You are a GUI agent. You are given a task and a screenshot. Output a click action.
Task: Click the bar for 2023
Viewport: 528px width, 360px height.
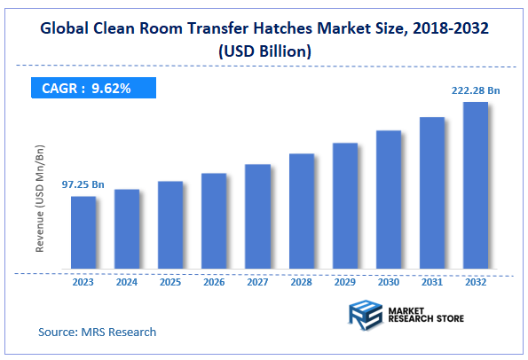tap(83, 232)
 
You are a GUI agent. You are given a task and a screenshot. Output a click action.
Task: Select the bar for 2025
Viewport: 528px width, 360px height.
tap(170, 225)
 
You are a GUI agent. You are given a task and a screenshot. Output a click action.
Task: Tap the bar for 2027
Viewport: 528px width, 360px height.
tap(257, 216)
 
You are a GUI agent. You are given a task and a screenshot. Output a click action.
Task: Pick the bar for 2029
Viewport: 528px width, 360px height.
tap(344, 206)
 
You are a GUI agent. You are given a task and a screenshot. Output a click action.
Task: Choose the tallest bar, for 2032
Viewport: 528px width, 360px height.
tap(476, 185)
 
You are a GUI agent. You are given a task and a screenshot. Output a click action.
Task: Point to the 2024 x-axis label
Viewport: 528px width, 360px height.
tap(127, 283)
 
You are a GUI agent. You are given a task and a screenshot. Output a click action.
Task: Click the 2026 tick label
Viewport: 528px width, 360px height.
tap(214, 283)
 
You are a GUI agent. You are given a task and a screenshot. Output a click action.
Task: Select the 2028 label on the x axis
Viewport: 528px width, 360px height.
tap(301, 283)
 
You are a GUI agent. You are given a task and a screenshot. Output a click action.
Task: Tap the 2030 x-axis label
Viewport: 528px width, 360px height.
tap(388, 283)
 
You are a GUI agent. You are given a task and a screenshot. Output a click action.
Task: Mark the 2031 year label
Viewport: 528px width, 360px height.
tap(431, 283)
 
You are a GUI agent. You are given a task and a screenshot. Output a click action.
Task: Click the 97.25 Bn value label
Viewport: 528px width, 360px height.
tap(83, 184)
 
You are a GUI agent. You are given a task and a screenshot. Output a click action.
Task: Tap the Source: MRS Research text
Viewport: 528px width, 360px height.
tap(97, 332)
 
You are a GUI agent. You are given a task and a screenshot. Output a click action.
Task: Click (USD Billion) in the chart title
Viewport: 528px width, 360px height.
tap(264, 51)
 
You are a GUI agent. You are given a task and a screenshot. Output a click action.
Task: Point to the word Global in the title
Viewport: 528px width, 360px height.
tap(67, 27)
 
